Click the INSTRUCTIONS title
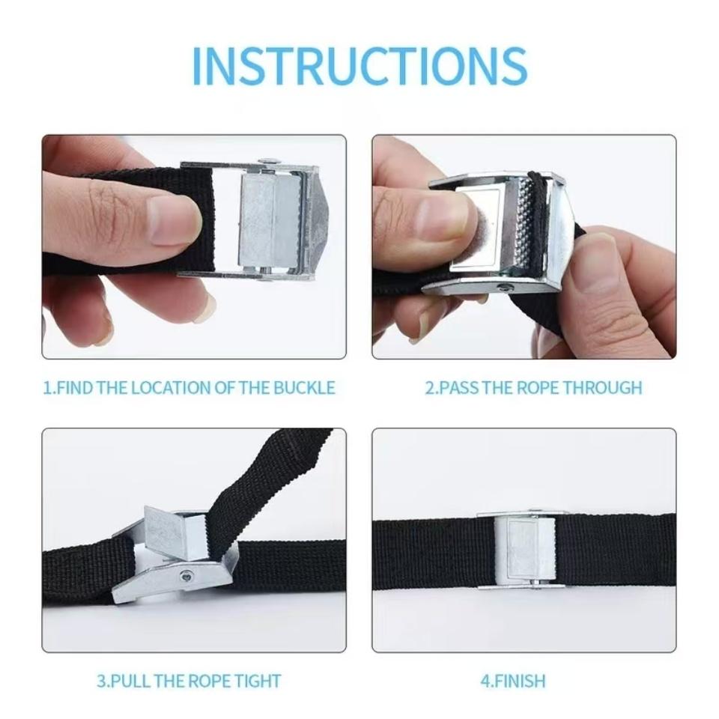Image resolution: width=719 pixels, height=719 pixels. tap(359, 65)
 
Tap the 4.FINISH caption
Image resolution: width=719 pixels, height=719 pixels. tap(512, 681)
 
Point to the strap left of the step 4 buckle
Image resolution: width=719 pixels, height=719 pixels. tap(427, 550)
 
